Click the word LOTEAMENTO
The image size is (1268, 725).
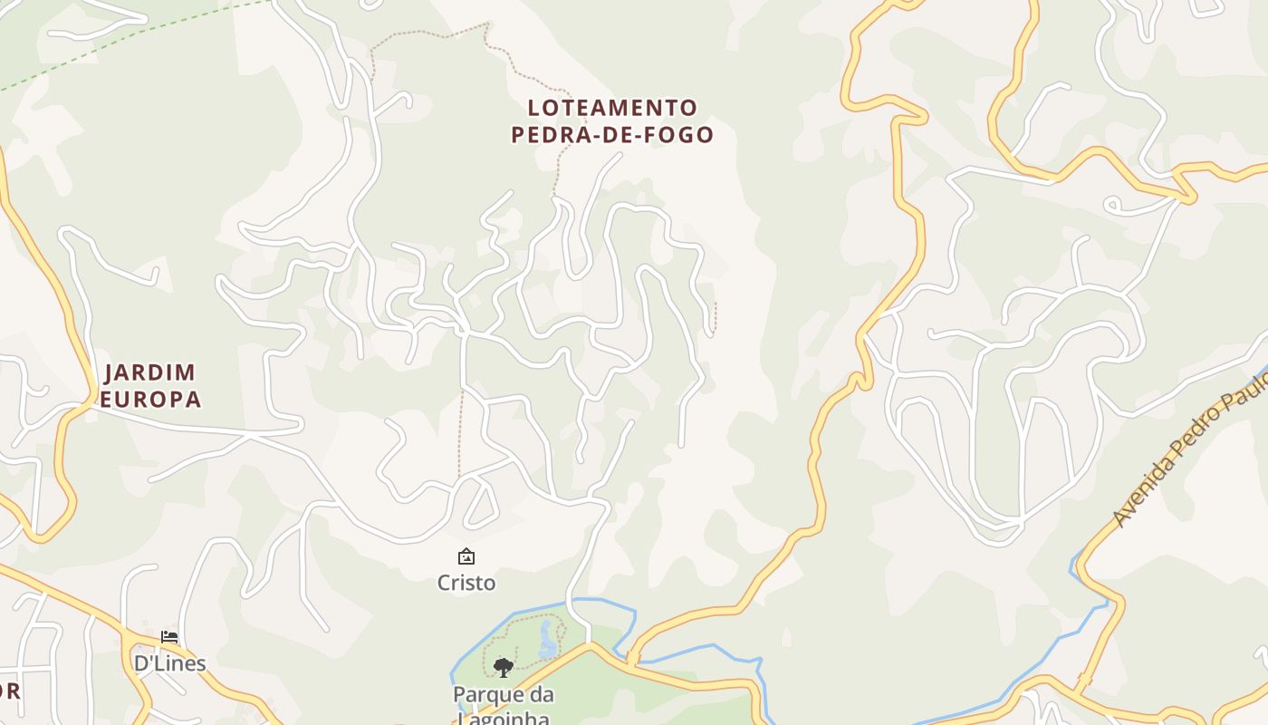(x=612, y=108)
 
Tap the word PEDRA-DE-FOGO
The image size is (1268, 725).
(x=612, y=135)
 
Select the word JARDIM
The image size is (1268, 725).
(x=150, y=372)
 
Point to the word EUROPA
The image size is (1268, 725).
(x=150, y=399)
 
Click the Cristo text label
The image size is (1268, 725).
(x=466, y=583)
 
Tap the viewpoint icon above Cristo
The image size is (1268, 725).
(x=466, y=556)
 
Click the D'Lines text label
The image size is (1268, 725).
(x=170, y=663)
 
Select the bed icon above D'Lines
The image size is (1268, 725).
(x=168, y=637)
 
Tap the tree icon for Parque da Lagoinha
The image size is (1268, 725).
(x=504, y=668)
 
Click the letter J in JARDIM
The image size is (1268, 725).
(x=111, y=372)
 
